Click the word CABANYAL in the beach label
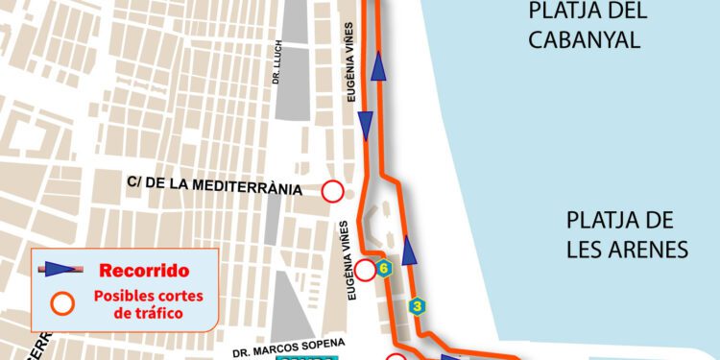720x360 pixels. click(x=586, y=39)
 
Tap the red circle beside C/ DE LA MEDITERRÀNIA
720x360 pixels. click(x=332, y=191)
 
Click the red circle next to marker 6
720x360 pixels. click(x=366, y=270)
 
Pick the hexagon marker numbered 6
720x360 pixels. click(x=385, y=268)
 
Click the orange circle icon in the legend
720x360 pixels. click(x=63, y=304)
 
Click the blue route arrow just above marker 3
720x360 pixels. click(x=410, y=252)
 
